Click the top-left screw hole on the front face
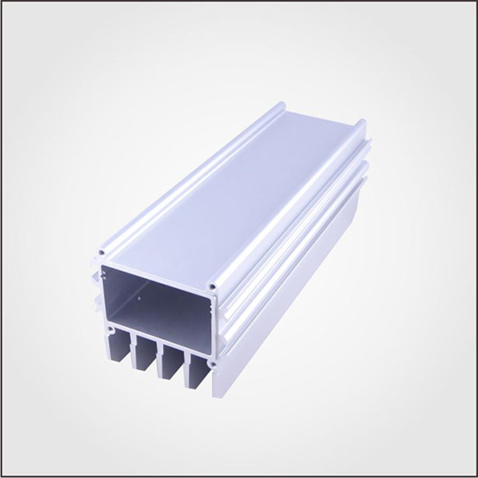click(102, 252)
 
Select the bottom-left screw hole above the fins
click(110, 331)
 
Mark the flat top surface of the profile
click(229, 191)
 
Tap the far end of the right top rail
click(361, 122)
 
